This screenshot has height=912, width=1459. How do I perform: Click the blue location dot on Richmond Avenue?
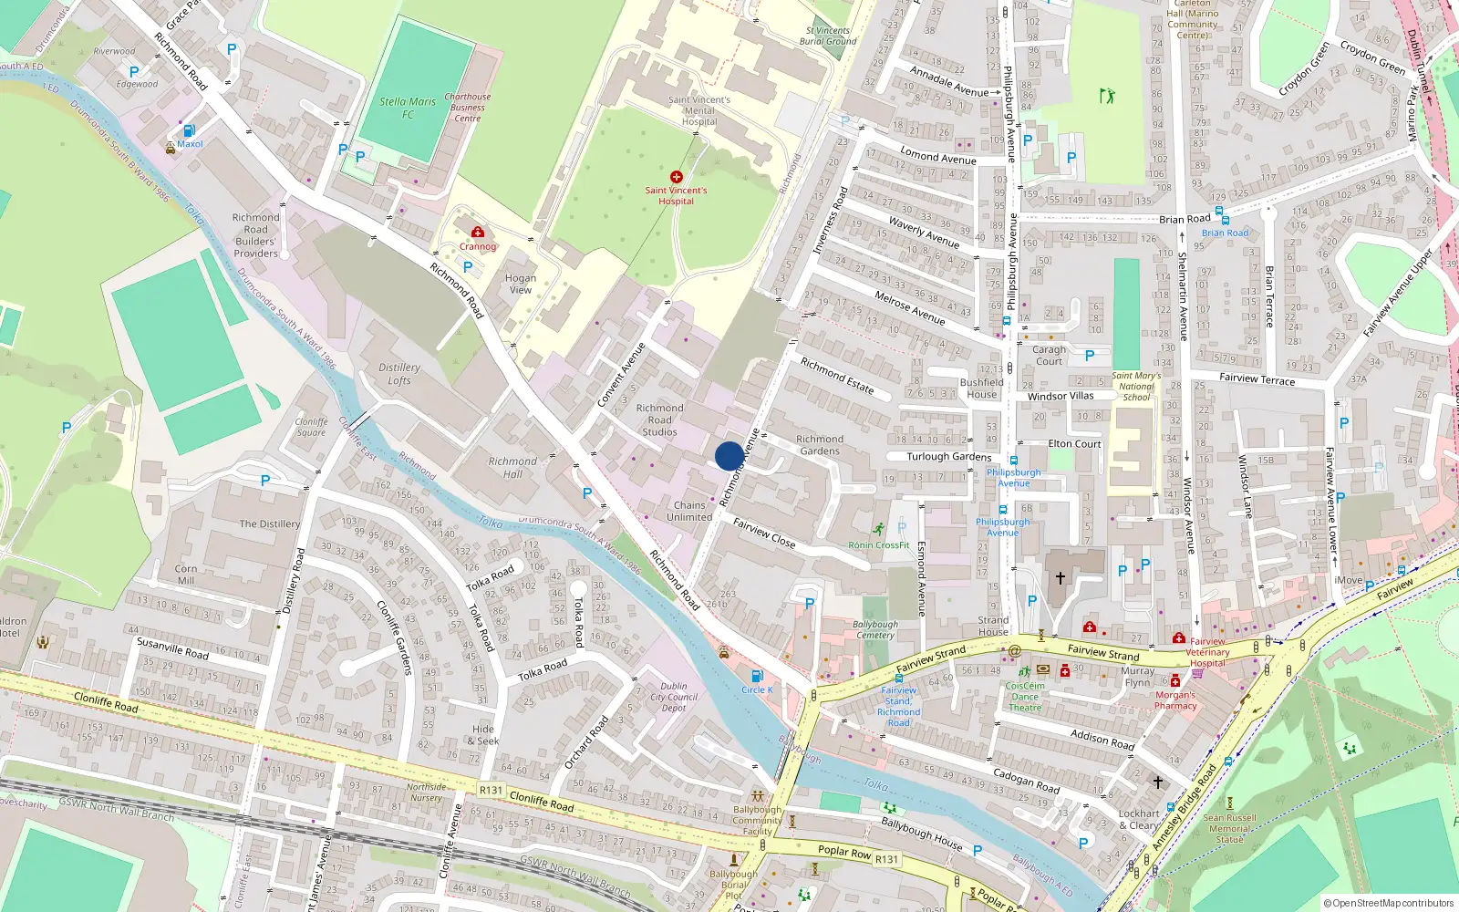pos(729,456)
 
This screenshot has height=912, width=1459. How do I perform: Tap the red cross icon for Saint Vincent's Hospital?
pos(676,177)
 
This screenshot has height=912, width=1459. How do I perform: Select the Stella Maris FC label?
pos(408,108)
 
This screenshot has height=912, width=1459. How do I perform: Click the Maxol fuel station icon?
pos(189,130)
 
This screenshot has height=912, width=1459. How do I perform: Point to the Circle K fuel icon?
pos(756,676)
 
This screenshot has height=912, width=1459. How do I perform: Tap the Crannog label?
pos(478,246)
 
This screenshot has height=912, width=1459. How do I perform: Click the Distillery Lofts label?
pos(399,374)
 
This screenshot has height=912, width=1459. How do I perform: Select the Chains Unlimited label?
pos(689,511)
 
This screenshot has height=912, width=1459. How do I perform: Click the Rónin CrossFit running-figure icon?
pos(878,529)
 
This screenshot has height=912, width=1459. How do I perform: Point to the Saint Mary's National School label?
pos(1136,386)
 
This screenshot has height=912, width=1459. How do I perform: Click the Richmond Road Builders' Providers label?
pos(255,235)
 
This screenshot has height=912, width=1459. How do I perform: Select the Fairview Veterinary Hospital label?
pos(1208,652)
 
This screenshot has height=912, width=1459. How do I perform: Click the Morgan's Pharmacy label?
pos(1175,700)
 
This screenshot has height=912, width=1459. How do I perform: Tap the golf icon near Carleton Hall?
pos(1107,95)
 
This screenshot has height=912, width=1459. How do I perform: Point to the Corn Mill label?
pos(185,574)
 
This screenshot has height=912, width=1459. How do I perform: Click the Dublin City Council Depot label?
pos(674,697)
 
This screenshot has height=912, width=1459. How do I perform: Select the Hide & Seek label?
pos(485,735)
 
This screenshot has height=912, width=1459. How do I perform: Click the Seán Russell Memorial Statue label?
pos(1229,828)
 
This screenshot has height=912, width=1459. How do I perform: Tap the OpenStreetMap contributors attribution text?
pos(1389,903)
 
